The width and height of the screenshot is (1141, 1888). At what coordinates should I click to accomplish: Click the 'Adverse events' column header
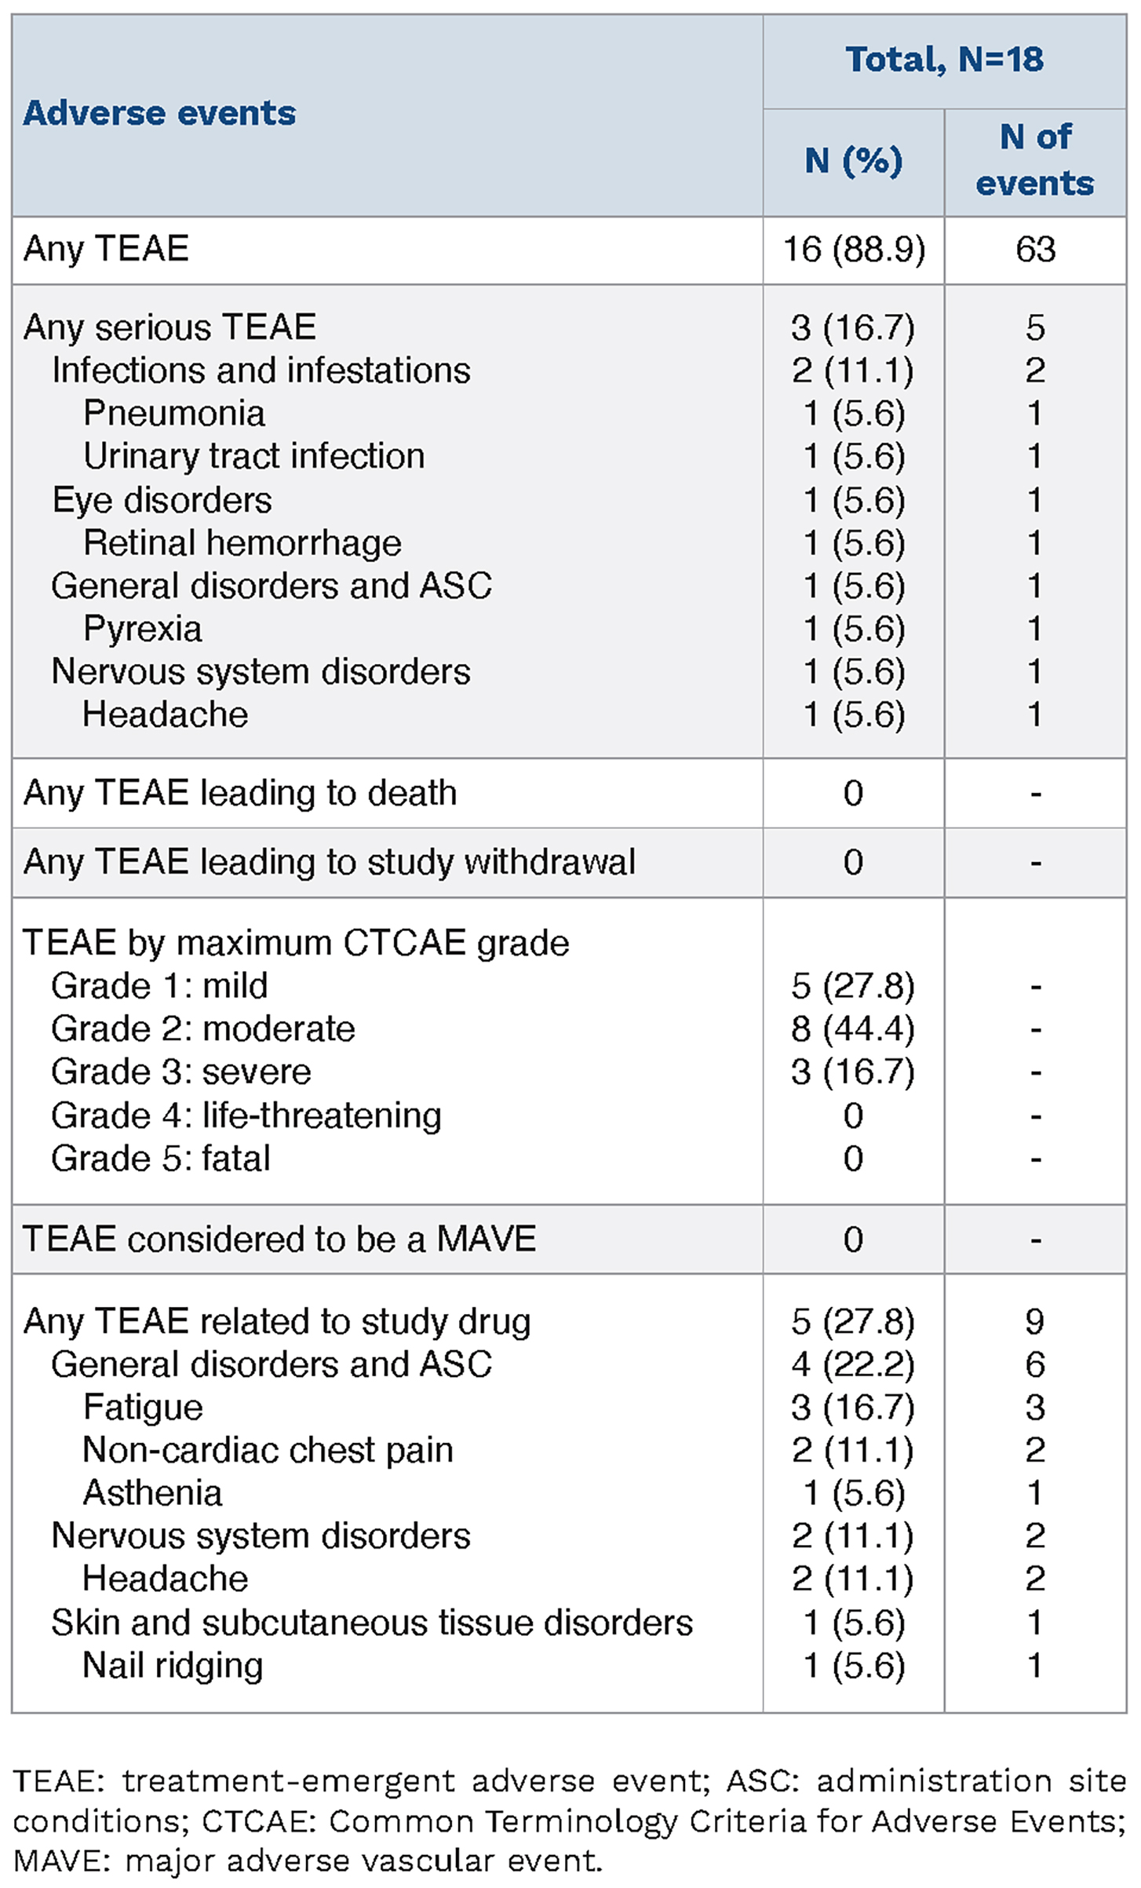click(x=159, y=114)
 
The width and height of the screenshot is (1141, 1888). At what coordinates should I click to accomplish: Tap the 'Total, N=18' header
click(x=944, y=60)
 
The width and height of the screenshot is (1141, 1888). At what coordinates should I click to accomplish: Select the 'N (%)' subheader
click(x=853, y=161)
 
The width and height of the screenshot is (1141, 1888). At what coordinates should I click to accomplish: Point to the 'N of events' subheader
click(x=1035, y=160)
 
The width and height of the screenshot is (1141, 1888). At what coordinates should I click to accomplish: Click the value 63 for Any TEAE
click(x=1035, y=250)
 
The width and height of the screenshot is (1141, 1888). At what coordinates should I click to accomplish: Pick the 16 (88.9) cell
click(x=854, y=250)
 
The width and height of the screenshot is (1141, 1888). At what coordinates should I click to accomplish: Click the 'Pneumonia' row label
click(x=174, y=414)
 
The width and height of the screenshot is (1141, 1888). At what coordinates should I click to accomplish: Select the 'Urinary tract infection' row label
click(x=253, y=456)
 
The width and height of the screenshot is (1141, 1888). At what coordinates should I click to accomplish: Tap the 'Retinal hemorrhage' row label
click(x=242, y=542)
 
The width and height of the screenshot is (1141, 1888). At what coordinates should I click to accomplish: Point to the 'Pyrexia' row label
click(x=142, y=629)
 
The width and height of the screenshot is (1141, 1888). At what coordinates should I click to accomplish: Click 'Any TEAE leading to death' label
click(x=240, y=793)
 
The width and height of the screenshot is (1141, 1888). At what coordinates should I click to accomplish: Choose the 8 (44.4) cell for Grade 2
click(x=853, y=1028)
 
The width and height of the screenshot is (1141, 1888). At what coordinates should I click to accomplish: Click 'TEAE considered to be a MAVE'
click(x=279, y=1239)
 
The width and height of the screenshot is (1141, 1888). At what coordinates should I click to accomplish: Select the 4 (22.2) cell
click(x=853, y=1364)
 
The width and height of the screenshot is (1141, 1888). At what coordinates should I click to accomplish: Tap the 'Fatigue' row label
click(x=143, y=1407)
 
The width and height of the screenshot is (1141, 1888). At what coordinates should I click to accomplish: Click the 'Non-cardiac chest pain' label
click(x=268, y=1450)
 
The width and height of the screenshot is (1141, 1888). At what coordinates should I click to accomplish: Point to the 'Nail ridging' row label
click(x=173, y=1665)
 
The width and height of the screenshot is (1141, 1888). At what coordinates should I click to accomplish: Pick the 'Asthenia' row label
click(x=152, y=1493)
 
